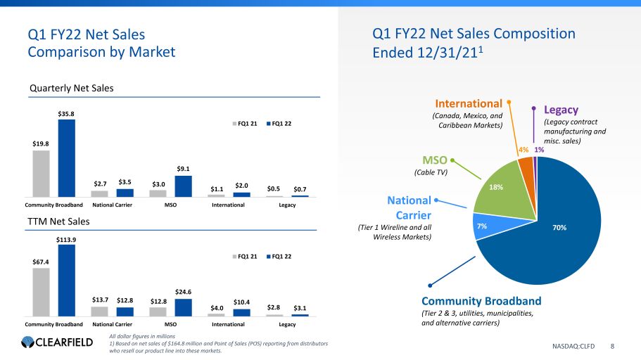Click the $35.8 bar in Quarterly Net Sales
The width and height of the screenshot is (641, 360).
[66, 157]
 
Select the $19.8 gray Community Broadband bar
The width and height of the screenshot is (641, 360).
[41, 173]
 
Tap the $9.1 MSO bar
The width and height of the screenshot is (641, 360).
[183, 186]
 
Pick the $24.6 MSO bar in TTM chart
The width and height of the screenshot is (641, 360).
[183, 307]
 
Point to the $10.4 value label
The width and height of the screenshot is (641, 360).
[241, 302]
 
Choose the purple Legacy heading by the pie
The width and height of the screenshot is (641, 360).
[561, 110]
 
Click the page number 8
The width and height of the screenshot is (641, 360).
[612, 346]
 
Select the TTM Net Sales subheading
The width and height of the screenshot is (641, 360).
[58, 221]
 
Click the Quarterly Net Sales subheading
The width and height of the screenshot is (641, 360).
[71, 88]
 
